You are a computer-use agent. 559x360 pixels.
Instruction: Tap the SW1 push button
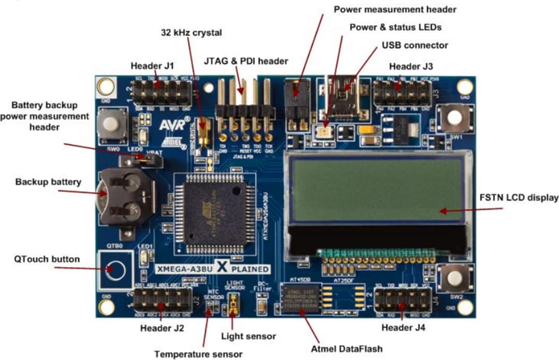pos(454,117)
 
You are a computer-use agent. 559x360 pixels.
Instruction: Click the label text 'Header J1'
pos(152,66)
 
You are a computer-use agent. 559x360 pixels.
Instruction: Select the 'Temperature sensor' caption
pos(198,354)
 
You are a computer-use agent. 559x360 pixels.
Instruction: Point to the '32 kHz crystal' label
pos(191,33)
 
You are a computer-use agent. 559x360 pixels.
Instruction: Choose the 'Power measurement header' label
pos(395,9)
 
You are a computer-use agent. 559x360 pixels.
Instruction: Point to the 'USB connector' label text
pos(415,45)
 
